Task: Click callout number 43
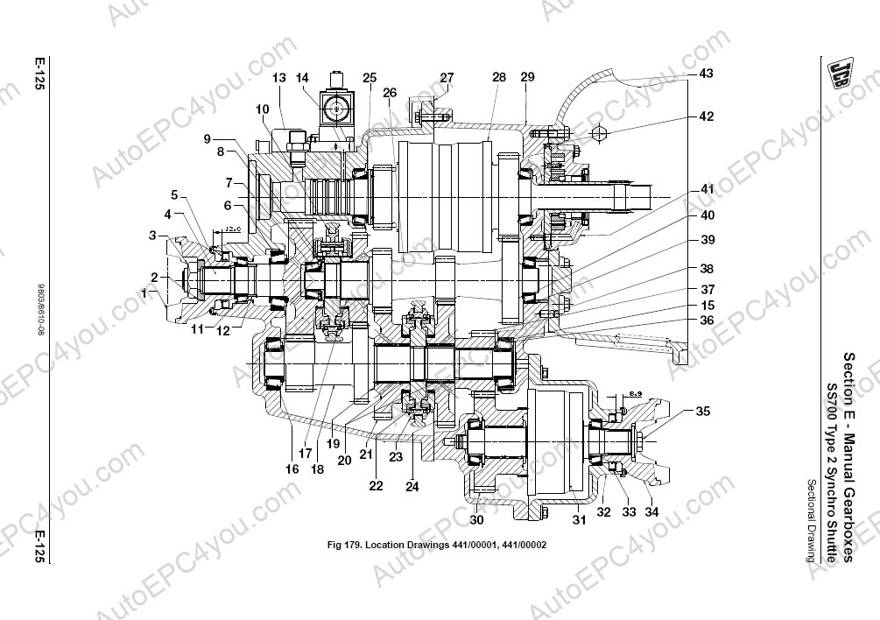click(x=706, y=74)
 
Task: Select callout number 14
click(x=303, y=78)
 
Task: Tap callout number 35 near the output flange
click(x=704, y=410)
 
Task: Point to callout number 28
click(x=499, y=78)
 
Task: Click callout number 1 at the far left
click(x=144, y=293)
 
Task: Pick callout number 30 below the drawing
click(x=476, y=520)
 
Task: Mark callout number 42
click(x=706, y=116)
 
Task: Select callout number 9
click(x=207, y=139)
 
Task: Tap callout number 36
click(x=706, y=321)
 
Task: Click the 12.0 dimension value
click(x=232, y=229)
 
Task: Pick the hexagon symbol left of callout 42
click(x=601, y=134)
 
